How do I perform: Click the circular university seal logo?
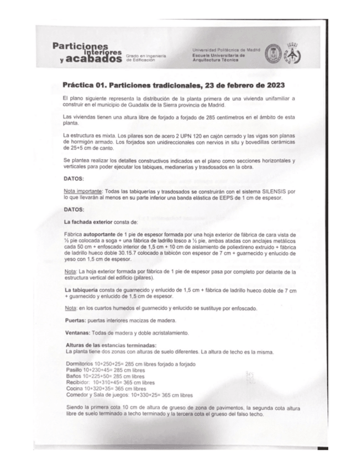[x=274, y=55]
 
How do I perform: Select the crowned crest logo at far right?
[x=293, y=54]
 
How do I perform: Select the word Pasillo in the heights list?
[x=73, y=369]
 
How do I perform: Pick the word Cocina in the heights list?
[x=74, y=389]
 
